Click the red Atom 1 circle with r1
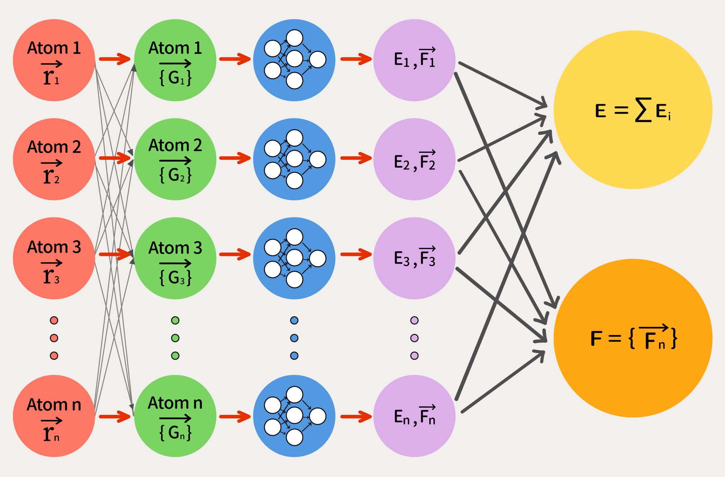pos(54,60)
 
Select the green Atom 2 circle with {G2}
pos(175,159)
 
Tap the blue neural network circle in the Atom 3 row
pos(294,258)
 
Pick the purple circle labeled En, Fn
pos(414,416)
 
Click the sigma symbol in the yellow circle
pos(643,110)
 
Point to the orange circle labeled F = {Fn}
pos(633,338)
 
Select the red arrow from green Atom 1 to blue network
pos(235,59)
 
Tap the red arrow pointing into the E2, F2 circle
pos(356,158)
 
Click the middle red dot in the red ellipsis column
pos(54,338)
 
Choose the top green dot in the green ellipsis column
pos(175,320)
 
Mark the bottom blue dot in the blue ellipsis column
pos(294,355)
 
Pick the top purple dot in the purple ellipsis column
pos(414,320)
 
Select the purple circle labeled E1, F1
pos(414,60)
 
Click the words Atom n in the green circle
pos(175,403)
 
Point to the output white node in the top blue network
pos(318,59)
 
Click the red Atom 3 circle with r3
pos(54,258)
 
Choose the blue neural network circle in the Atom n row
pos(294,416)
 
